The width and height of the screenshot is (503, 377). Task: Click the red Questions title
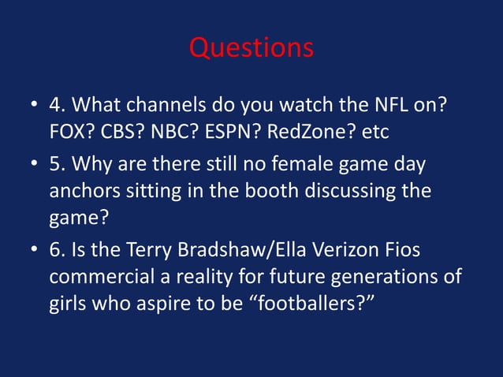click(x=251, y=49)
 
